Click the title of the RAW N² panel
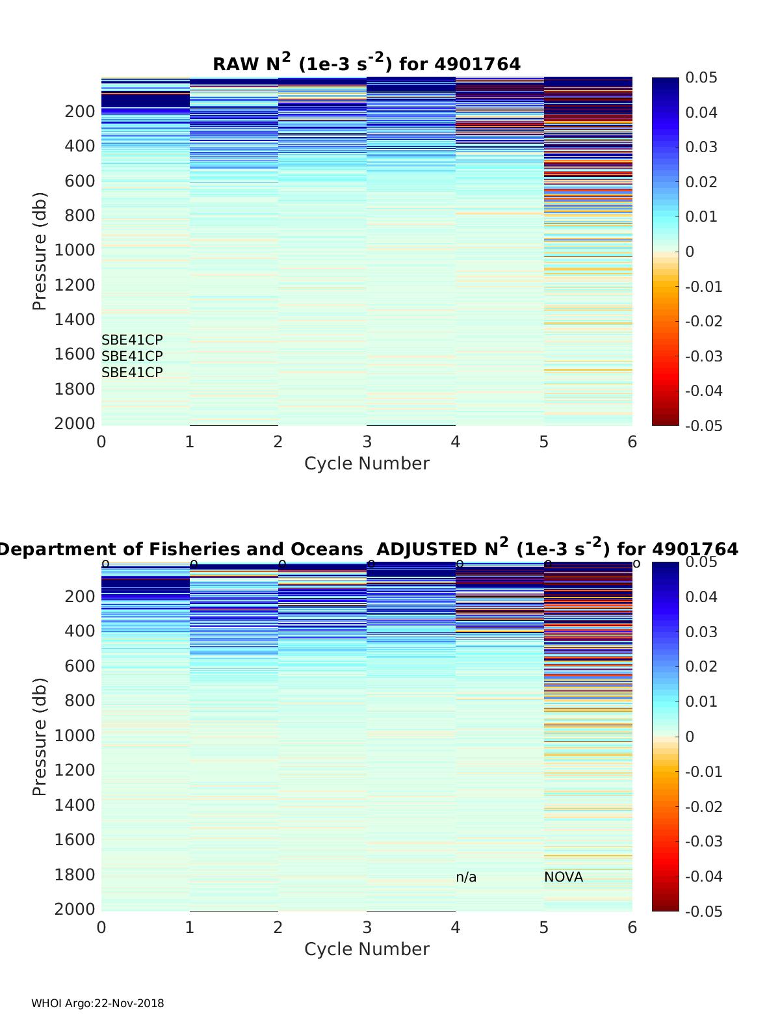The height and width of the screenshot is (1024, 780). click(366, 64)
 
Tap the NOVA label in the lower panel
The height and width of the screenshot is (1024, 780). click(564, 877)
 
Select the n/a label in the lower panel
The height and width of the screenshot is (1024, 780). click(466, 877)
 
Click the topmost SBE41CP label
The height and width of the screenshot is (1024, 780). click(132, 340)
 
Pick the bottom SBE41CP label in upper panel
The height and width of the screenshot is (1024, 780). click(132, 373)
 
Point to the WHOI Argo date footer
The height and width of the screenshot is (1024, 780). click(97, 1003)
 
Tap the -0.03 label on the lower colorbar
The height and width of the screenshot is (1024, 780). click(703, 841)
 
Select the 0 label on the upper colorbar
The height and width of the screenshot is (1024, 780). click(690, 252)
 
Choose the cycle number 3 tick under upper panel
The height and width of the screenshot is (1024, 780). click(367, 442)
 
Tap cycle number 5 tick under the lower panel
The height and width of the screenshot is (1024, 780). click(544, 927)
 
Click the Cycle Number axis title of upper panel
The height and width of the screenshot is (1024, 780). click(367, 464)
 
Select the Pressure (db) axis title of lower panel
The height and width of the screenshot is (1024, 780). click(40, 736)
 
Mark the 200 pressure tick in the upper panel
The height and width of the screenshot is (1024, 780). click(80, 111)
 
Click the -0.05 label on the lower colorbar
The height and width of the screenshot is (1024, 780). click(703, 912)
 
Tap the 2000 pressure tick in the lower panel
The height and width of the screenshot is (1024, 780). click(74, 909)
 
